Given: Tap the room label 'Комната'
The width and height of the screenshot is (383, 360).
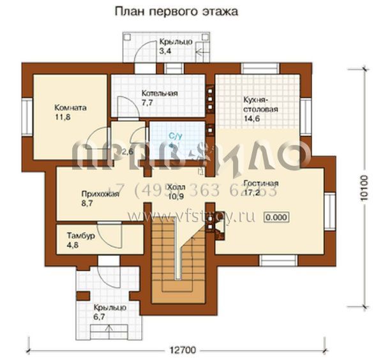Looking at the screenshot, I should [x=70, y=108].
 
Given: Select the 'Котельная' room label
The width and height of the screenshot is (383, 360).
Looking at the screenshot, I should [x=159, y=93].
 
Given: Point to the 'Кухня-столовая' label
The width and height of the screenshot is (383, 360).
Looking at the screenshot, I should [x=260, y=104].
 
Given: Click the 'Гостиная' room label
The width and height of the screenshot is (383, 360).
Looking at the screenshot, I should [x=260, y=183].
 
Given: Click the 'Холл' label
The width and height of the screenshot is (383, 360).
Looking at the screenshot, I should [x=174, y=187].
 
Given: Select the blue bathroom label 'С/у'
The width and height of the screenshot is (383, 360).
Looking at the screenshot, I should [x=175, y=136].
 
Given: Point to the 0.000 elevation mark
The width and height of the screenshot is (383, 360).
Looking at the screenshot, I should [x=276, y=217].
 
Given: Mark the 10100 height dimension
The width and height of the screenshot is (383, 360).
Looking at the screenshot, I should [x=364, y=188].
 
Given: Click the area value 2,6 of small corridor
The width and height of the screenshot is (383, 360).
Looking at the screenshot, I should [x=127, y=151].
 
